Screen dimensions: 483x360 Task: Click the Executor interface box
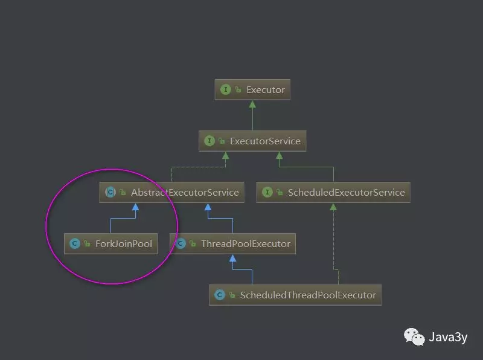point(252,89)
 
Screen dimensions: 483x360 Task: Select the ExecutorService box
point(252,141)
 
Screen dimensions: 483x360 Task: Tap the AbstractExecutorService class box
point(171,192)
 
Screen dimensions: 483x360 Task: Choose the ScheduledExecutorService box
point(333,192)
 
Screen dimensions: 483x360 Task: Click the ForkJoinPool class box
point(110,243)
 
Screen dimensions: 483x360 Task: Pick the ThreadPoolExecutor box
point(233,243)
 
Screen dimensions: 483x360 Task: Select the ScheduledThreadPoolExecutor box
point(295,295)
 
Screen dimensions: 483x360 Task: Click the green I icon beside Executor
point(226,89)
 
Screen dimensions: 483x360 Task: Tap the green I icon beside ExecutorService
point(210,141)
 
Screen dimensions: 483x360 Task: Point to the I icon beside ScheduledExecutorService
point(267,192)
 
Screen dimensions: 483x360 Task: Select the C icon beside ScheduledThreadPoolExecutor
point(220,295)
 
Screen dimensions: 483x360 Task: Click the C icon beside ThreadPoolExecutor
point(181,243)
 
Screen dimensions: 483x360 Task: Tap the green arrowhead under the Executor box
point(252,104)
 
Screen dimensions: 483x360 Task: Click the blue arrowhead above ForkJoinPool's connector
point(135,207)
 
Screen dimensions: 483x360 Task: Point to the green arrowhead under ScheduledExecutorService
point(333,207)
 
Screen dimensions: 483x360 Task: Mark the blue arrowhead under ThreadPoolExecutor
point(233,259)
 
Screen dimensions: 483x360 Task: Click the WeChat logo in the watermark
point(414,336)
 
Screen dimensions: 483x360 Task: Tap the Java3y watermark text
point(448,337)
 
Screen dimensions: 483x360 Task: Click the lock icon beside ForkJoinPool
point(87,244)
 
